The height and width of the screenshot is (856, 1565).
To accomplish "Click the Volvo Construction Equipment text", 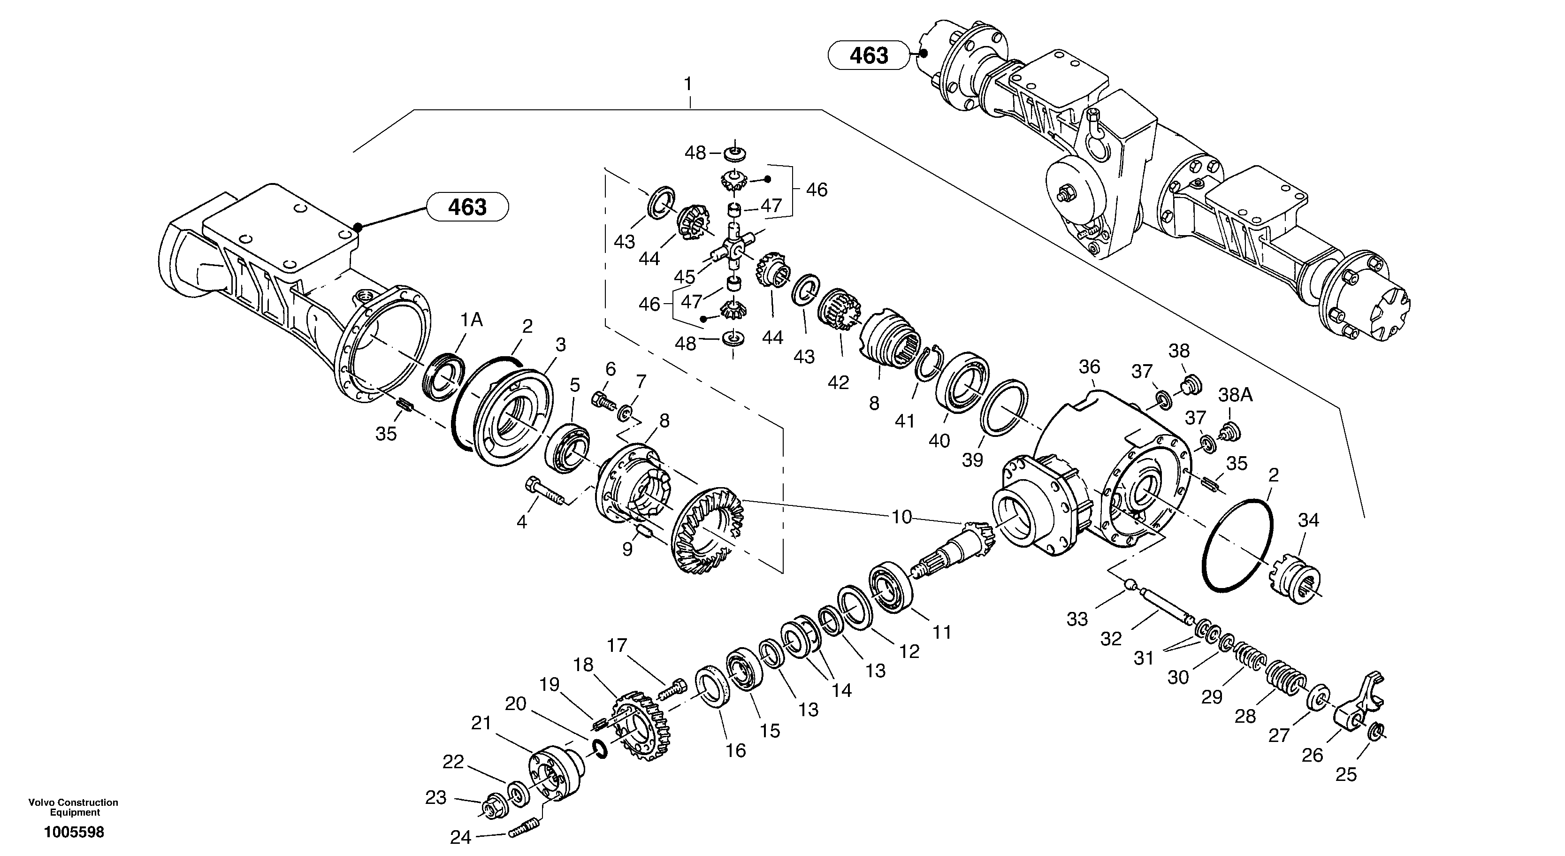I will tap(74, 807).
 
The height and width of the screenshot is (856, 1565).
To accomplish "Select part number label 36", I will tap(1089, 367).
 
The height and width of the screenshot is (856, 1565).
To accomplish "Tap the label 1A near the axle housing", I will tap(472, 320).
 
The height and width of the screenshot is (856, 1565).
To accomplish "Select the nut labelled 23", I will tap(489, 807).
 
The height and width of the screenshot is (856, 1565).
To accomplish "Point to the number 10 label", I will tap(901, 517).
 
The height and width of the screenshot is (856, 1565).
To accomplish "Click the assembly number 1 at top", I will tap(688, 84).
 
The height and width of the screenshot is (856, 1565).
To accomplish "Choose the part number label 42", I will tap(839, 383).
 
